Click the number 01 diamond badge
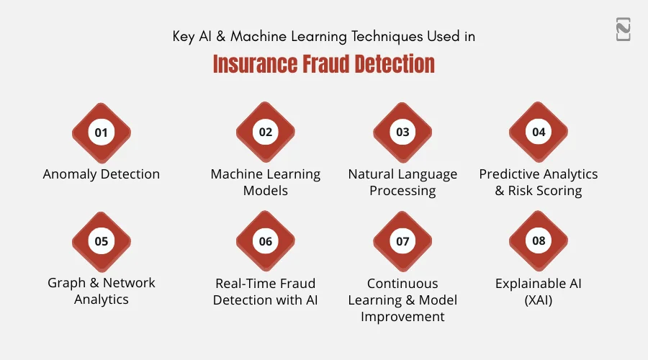point(102,132)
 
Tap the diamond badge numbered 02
point(266,132)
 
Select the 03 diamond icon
point(402,132)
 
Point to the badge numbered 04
point(539,132)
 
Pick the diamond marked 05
point(102,241)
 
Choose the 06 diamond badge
point(266,241)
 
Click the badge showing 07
point(402,241)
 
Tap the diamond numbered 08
point(539,241)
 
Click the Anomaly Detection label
point(102,174)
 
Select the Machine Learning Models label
point(266,182)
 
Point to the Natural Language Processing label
point(402,182)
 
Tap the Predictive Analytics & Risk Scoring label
point(539,182)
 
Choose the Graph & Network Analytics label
point(102,291)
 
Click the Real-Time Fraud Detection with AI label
point(266,291)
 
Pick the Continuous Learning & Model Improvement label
point(402,300)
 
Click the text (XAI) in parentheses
point(539,300)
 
